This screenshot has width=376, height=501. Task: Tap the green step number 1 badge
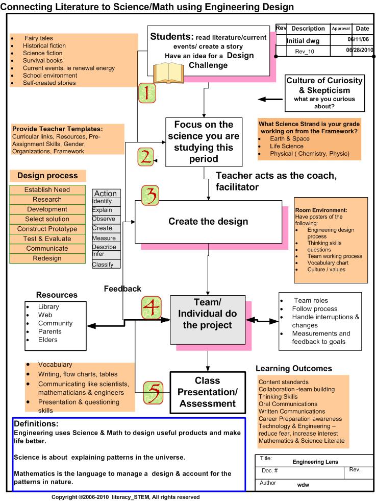(146, 93)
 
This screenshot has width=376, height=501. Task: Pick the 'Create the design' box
(208, 222)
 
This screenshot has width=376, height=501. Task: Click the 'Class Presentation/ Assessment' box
(208, 392)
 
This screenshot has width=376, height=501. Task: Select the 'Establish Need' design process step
(47, 190)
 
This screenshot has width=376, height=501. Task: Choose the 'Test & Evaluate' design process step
(47, 238)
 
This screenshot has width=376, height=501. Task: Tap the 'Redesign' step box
(47, 258)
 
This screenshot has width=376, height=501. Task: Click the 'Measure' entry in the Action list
(104, 238)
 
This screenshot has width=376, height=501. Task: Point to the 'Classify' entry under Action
(103, 265)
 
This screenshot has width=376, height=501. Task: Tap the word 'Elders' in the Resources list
(48, 340)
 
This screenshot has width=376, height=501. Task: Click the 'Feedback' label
(122, 289)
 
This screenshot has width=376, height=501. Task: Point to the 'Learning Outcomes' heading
(294, 368)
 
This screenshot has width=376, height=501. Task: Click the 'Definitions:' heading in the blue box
(36, 424)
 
